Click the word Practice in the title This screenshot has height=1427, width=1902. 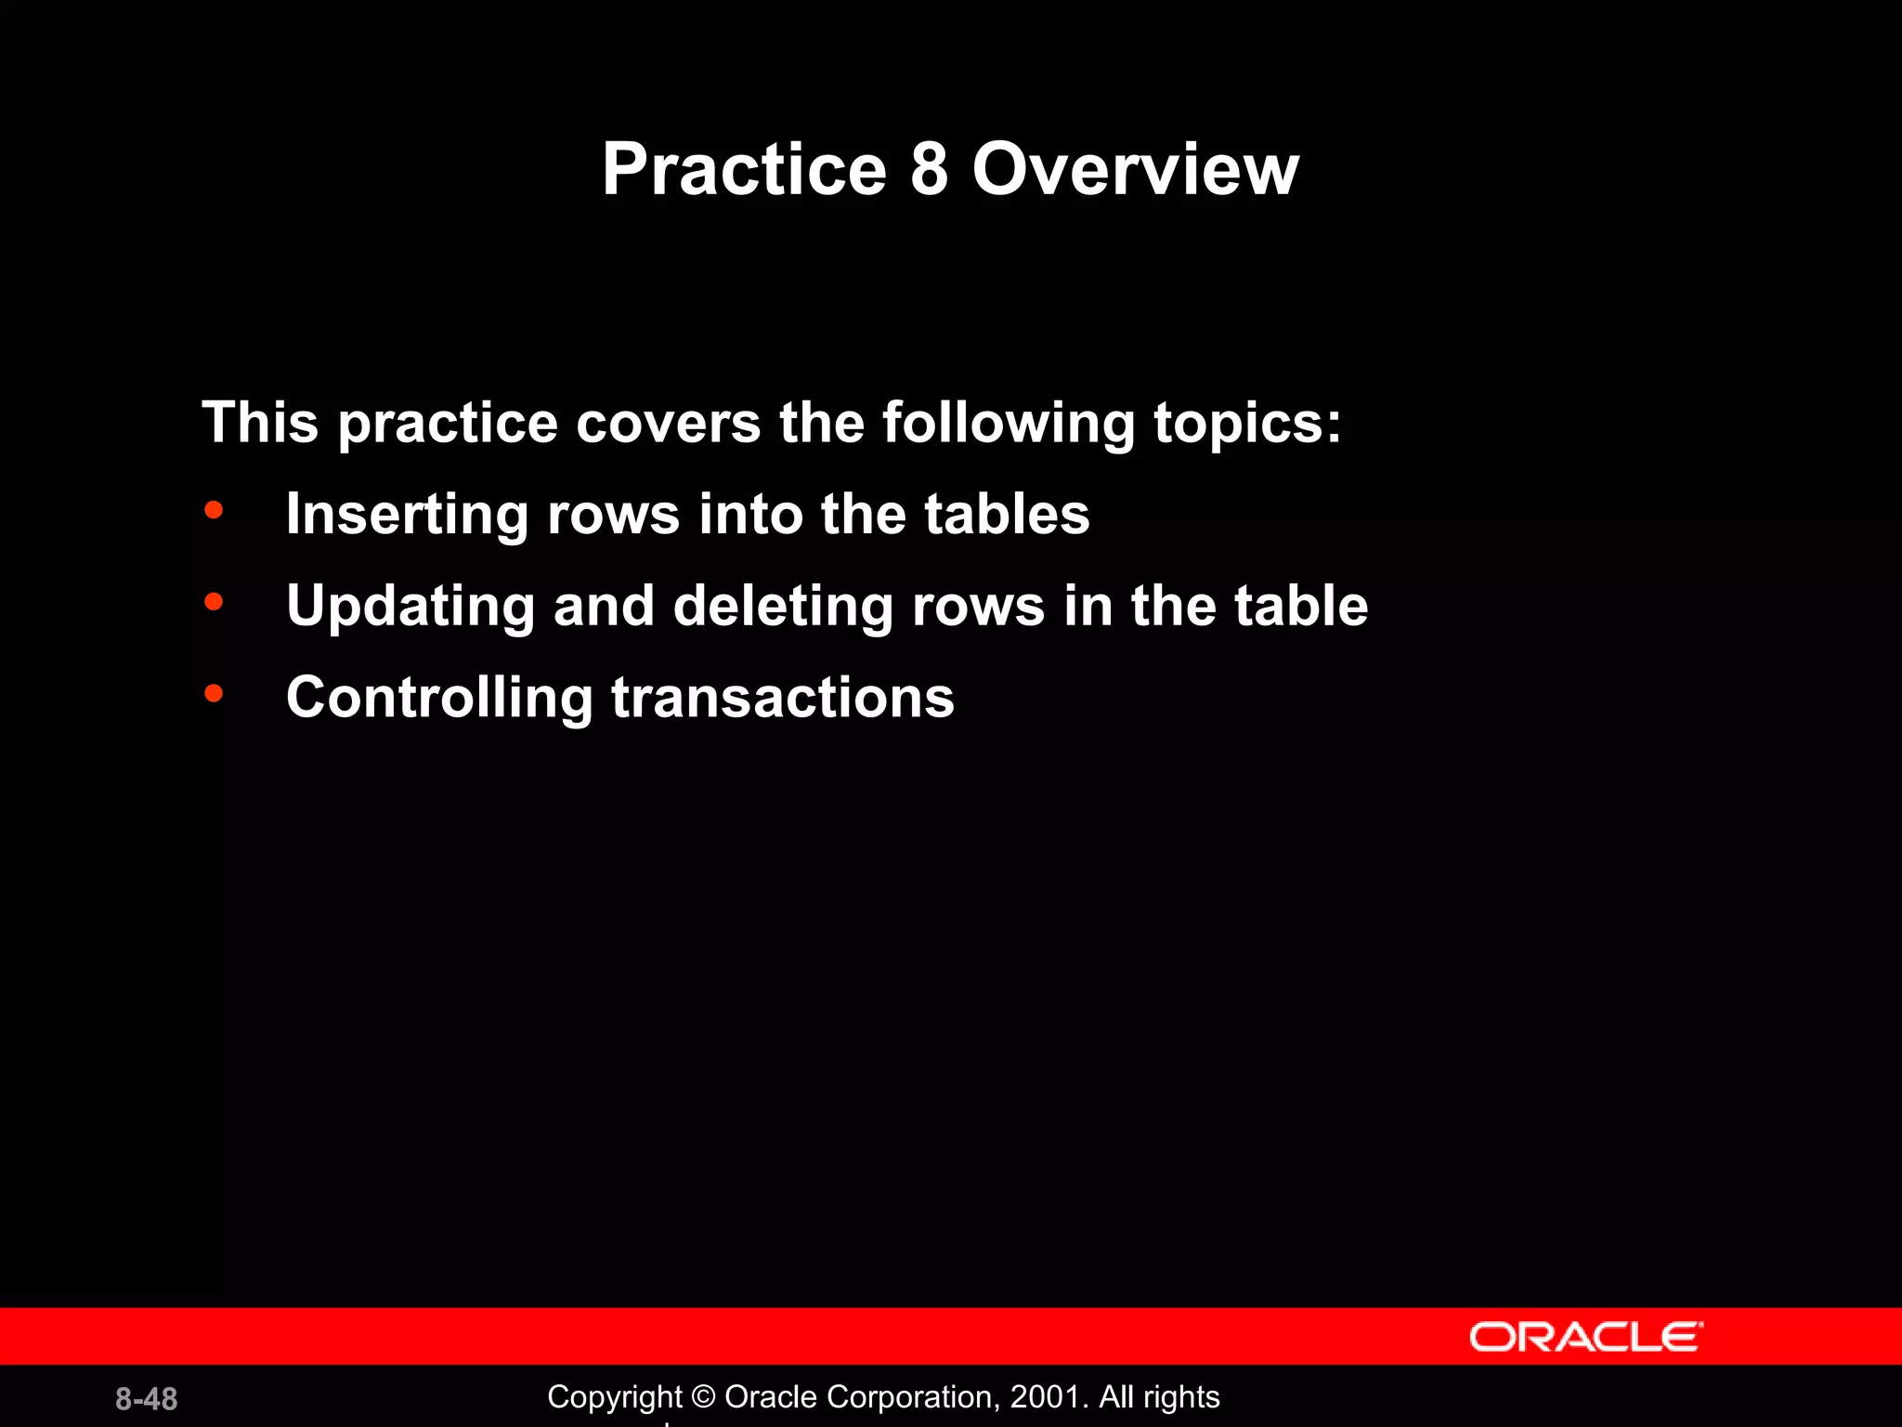(744, 169)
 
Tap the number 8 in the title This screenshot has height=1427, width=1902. (929, 169)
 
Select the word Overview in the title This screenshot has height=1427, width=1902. (1135, 169)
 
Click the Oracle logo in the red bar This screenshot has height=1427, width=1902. (1585, 1337)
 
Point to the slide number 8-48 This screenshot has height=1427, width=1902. (147, 1399)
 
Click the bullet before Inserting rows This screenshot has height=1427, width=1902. (214, 510)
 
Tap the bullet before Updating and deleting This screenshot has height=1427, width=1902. (214, 602)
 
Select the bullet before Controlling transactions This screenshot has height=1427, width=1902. (214, 693)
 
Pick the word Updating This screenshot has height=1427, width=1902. (410, 607)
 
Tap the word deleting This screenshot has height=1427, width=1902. (782, 607)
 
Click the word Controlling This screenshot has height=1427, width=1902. (439, 698)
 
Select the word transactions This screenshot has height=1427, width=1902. (782, 698)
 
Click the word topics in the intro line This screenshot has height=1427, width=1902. (1246, 424)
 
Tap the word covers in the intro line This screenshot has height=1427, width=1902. (668, 424)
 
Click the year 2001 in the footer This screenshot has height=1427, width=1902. (1045, 1397)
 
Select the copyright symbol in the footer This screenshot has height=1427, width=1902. (704, 1397)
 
